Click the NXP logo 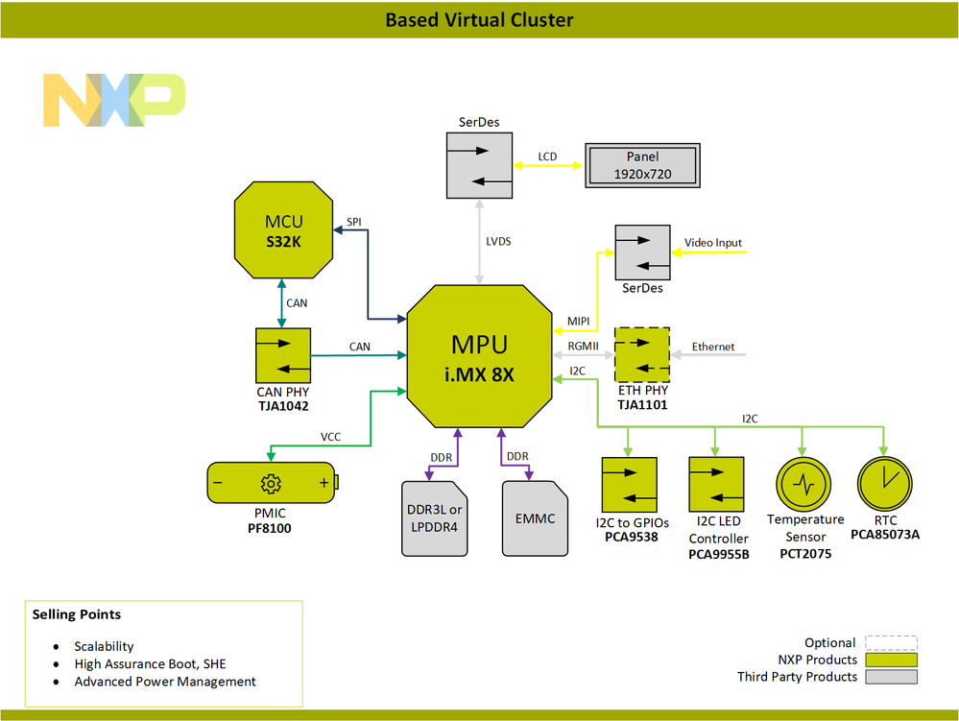click(114, 100)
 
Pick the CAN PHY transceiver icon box click(283, 355)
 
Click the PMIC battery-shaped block click(274, 482)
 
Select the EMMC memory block click(535, 518)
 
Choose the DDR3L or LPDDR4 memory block click(435, 518)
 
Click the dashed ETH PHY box click(643, 355)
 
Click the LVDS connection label click(497, 242)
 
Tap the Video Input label click(712, 243)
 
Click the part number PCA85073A click(884, 534)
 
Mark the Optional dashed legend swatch click(891, 643)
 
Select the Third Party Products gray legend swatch click(891, 677)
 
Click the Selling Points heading click(77, 614)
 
